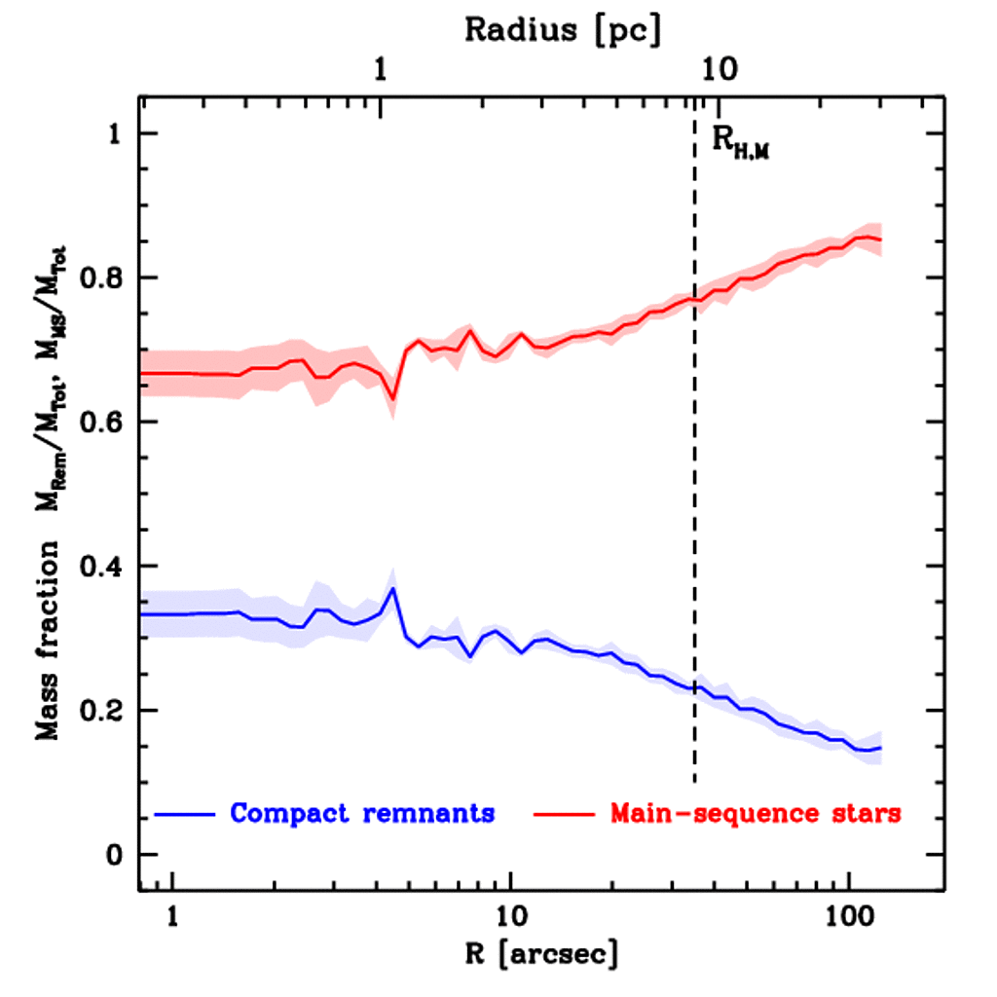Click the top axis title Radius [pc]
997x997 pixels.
[x=563, y=29]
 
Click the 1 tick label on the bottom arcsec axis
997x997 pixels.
[x=172, y=916]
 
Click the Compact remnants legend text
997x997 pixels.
[x=362, y=813]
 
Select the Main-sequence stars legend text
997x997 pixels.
[x=756, y=813]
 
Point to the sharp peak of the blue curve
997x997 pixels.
[x=392, y=588]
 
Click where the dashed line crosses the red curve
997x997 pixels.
[x=694, y=299]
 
